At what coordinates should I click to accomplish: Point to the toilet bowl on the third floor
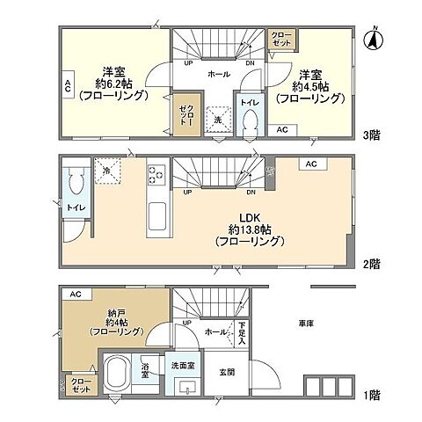250,120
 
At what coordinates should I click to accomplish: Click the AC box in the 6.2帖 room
68,86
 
